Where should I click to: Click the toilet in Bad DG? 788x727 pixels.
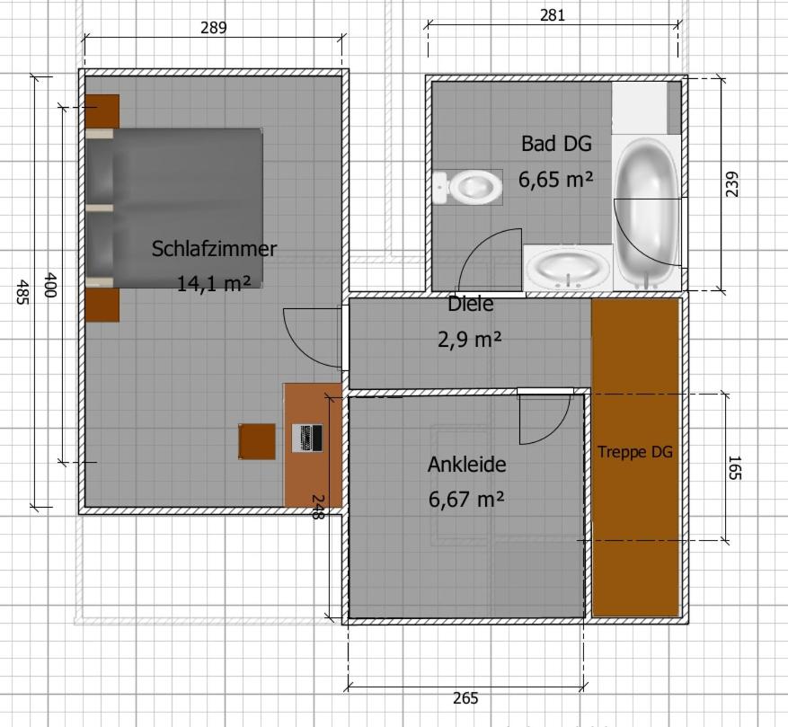point(469,188)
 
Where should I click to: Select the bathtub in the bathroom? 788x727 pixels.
point(646,212)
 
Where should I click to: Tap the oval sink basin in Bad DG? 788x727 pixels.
point(567,267)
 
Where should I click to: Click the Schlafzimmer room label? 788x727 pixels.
point(214,249)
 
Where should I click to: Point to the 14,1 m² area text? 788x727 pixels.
point(214,284)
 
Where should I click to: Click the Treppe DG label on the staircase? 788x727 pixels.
point(634,452)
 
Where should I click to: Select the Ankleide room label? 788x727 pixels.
point(466,465)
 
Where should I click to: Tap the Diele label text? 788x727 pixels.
point(471,305)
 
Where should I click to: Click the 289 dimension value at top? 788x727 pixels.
point(213,27)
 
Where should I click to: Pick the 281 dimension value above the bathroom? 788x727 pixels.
point(553,14)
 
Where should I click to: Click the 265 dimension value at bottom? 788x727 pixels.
point(465,698)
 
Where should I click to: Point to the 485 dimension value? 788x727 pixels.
point(22,291)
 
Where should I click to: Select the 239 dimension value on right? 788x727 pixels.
point(732,183)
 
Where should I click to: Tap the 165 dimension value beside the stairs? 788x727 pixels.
point(733,468)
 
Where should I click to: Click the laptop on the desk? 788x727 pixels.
point(308,439)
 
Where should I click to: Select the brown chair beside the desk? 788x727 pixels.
point(257,441)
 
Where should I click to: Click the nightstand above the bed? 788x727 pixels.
point(102,111)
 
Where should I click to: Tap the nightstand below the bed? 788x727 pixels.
point(102,305)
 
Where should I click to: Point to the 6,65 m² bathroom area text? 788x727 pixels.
point(555,179)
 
